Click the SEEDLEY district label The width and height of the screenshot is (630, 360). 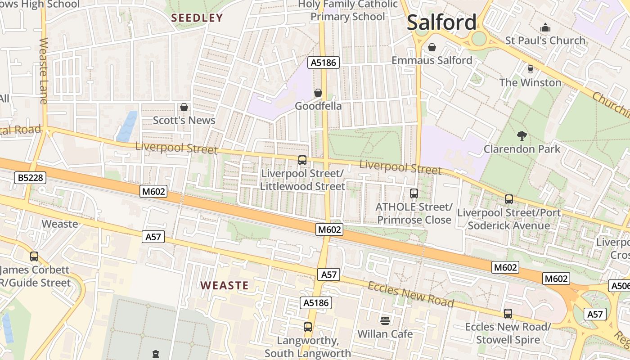tap(197, 18)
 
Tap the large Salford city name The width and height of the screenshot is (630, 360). tap(441, 22)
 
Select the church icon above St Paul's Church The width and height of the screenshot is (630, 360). tap(545, 27)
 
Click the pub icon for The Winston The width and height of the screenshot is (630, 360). tap(530, 69)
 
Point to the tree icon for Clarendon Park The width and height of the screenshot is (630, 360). tap(522, 135)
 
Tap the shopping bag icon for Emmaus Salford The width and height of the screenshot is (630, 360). tap(432, 47)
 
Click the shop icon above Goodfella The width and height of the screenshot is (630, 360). tap(318, 93)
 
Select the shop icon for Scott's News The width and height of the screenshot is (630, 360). tap(184, 107)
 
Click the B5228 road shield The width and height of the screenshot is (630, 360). tap(31, 178)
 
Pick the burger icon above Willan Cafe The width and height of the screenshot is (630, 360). tap(385, 320)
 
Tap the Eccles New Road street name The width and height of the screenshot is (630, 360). tap(410, 294)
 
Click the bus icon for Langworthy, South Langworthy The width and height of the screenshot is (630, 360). tap(308, 327)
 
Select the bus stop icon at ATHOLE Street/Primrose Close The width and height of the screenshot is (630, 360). tap(414, 193)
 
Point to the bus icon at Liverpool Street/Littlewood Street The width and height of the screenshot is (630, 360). tap(302, 160)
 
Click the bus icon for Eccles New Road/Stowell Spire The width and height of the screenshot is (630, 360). tap(508, 313)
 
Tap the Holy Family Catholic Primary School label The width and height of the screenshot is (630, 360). tap(348, 10)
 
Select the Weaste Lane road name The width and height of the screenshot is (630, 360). tap(44, 71)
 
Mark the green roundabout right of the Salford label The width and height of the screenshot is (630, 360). tap(479, 38)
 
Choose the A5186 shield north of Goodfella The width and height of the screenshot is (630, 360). tap(324, 63)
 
